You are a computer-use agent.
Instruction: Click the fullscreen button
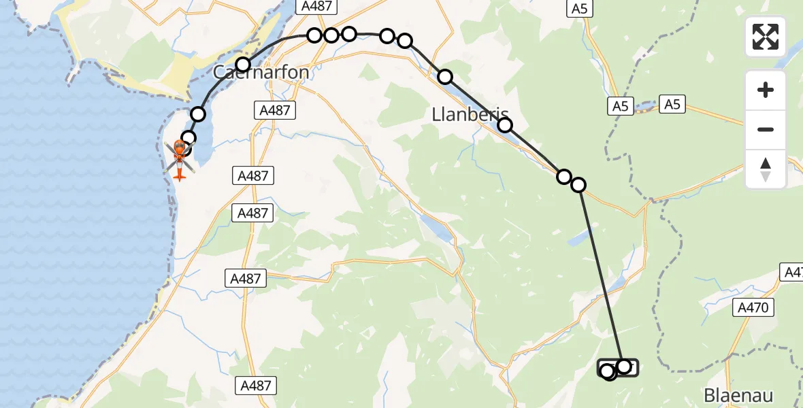[x=766, y=37]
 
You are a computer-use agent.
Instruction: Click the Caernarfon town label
[x=261, y=72]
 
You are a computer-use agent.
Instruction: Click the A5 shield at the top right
[x=579, y=8]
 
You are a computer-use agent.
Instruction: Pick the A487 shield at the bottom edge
[x=256, y=386]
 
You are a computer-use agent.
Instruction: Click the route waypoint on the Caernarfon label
[x=243, y=65]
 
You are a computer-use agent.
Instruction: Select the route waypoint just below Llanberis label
[x=505, y=125]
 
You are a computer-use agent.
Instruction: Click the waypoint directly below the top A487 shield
[x=314, y=35]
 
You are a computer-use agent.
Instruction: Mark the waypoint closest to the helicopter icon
[x=189, y=138]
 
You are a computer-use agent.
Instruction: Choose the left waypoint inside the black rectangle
[x=608, y=371]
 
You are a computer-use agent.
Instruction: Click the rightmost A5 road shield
[x=672, y=104]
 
